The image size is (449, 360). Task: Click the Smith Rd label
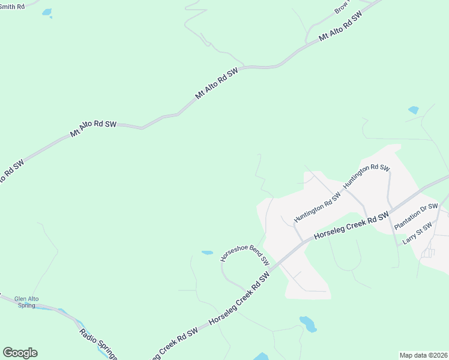coord(13,6)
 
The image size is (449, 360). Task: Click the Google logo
coord(20,353)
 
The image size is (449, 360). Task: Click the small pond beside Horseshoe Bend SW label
coord(207,253)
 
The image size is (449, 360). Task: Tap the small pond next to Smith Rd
coord(47,12)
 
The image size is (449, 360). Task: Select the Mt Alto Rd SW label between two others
coord(216,83)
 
